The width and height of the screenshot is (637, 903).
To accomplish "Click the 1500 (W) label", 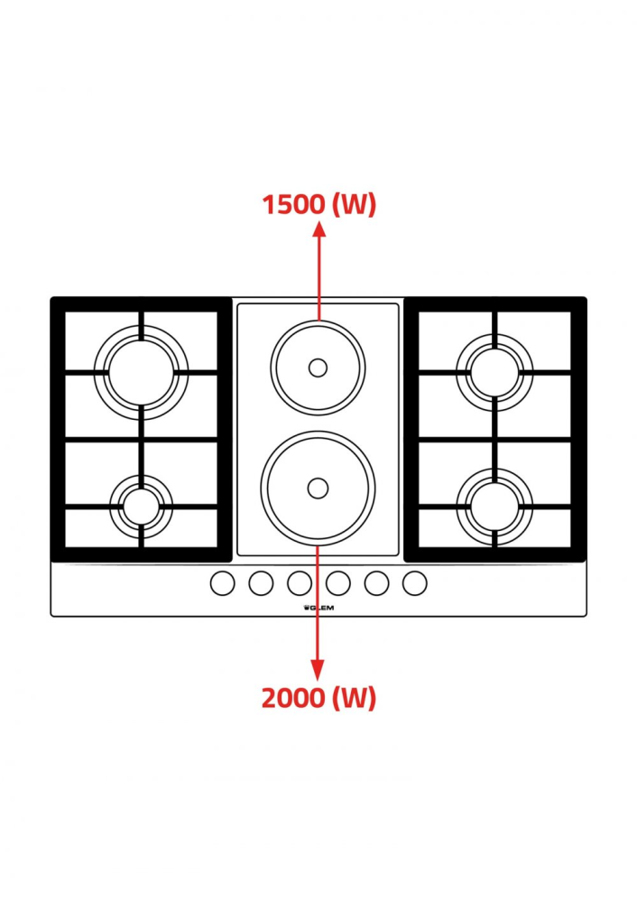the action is pyautogui.click(x=318, y=204).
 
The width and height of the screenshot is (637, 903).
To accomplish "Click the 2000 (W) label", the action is pyautogui.click(x=318, y=698).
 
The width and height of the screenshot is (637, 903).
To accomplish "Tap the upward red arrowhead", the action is pyautogui.click(x=318, y=228).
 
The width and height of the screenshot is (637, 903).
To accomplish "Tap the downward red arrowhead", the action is pyautogui.click(x=317, y=670).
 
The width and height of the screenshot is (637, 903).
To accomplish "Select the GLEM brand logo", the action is pyautogui.click(x=318, y=608).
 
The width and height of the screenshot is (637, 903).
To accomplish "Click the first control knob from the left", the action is pyautogui.click(x=223, y=582).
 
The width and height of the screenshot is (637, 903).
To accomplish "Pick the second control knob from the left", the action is pyautogui.click(x=261, y=582).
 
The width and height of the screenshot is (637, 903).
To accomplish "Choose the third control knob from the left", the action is pyautogui.click(x=300, y=582).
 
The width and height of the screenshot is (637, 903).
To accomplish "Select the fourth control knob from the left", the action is pyautogui.click(x=337, y=582).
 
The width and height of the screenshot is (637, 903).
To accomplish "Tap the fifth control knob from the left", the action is pyautogui.click(x=376, y=582).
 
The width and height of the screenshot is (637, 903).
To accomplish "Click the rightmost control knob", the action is pyautogui.click(x=414, y=582).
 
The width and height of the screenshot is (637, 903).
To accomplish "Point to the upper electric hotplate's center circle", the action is pyautogui.click(x=318, y=368).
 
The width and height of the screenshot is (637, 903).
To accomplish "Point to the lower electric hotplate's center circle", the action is pyautogui.click(x=318, y=489).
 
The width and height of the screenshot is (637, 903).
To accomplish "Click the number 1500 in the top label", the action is pyautogui.click(x=293, y=204).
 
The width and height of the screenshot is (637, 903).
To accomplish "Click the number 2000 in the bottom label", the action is pyautogui.click(x=293, y=698).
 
